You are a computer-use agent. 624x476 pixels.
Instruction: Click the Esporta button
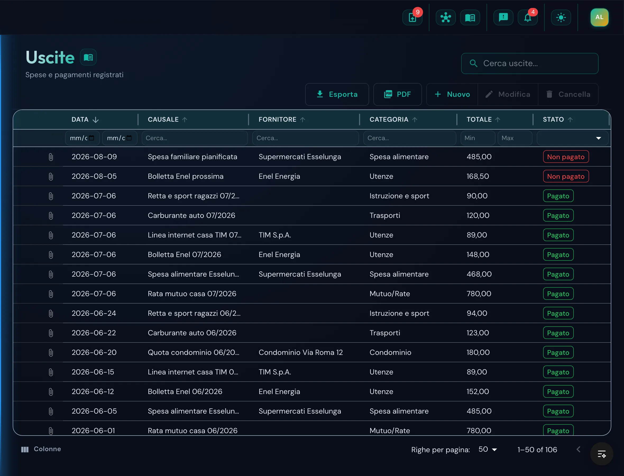point(337,94)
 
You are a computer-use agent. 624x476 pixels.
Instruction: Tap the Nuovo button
point(452,94)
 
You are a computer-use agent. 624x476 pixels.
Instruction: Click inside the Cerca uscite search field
point(530,63)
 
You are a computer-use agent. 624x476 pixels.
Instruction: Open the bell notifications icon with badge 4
point(527,17)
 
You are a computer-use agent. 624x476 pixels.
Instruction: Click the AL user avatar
point(599,17)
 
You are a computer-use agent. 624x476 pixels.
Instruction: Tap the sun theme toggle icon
point(561,17)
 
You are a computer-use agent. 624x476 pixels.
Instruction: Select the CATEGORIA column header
point(389,120)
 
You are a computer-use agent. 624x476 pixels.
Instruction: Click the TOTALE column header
point(479,120)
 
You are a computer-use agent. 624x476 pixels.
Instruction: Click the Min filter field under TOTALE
point(478,138)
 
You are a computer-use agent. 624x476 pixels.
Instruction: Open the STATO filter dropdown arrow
point(598,138)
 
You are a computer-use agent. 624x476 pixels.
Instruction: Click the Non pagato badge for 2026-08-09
point(566,157)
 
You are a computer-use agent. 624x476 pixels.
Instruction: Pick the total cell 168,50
point(478,176)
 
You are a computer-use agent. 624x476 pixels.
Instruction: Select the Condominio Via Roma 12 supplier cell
point(301,352)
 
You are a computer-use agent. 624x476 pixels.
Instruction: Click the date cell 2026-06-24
point(94,313)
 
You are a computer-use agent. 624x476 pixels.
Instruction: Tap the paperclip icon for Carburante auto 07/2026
point(51,216)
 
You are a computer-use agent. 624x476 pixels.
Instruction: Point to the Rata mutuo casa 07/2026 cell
point(192,294)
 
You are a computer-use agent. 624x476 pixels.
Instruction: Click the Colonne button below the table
point(41,449)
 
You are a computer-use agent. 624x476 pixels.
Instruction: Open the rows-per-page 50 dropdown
point(488,449)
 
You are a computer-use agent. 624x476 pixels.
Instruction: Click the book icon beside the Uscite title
point(88,57)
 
